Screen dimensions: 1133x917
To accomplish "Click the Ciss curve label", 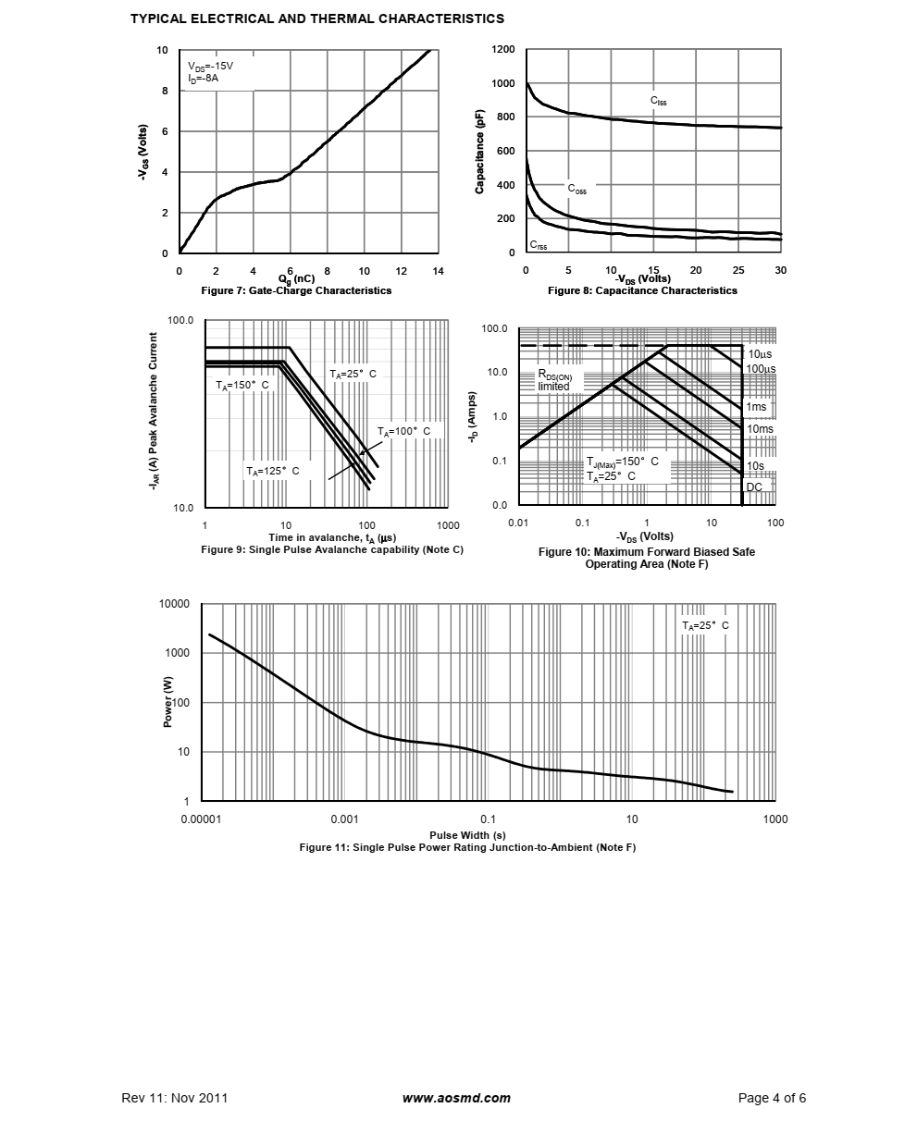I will point(658,100).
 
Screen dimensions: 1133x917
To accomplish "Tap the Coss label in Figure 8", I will point(576,189).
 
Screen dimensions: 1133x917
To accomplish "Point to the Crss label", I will point(538,246).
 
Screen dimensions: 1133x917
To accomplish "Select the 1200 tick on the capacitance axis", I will point(504,49).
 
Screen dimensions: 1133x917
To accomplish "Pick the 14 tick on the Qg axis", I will point(439,271).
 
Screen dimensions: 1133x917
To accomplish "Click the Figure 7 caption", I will point(296,290).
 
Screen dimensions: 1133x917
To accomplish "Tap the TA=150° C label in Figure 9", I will point(242,385).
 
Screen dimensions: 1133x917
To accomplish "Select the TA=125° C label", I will point(272,471).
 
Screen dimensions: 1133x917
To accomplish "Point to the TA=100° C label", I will point(403,432).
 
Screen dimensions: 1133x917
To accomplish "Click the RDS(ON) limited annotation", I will point(555,381).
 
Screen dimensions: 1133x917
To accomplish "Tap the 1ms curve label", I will point(756,407).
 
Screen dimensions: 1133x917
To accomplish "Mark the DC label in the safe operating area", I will point(754,487).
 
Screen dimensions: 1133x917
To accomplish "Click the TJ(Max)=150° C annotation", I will point(622,462).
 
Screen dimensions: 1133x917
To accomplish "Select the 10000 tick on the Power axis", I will point(174,604).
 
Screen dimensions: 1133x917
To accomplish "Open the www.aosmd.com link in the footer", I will point(456,1099).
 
